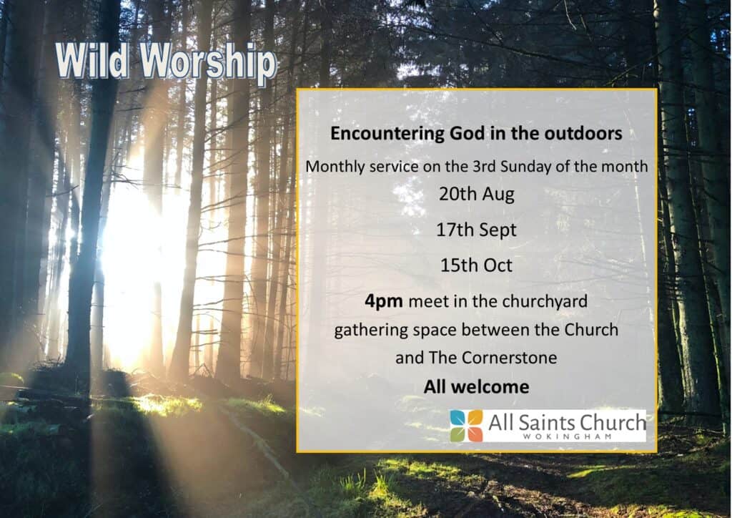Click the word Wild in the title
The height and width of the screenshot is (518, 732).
point(92,61)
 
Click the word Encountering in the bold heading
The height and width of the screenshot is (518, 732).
point(387,134)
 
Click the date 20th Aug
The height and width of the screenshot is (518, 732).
point(477,195)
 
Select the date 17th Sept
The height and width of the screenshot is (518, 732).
point(477,230)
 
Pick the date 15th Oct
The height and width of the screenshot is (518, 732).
point(477,265)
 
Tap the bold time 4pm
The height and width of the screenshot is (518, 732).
point(384,302)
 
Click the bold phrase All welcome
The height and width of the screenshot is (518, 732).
point(477,387)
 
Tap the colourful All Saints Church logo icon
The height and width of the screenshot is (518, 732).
point(466,426)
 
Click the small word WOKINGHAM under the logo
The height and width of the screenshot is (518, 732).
point(567,437)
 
